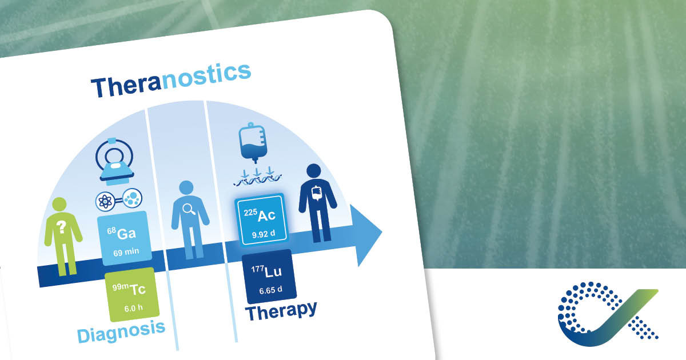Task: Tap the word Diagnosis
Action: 121,332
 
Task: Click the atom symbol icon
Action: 106,201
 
